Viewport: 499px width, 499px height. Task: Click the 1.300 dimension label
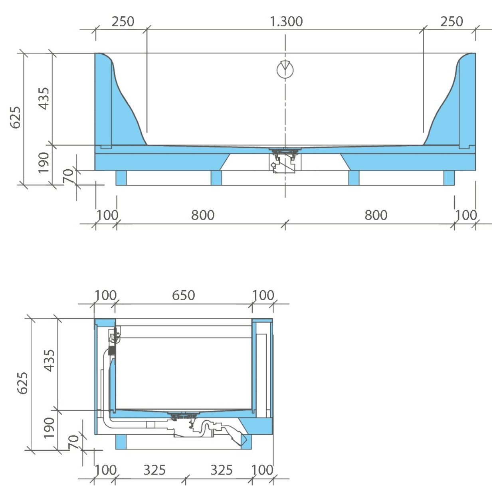point(286,22)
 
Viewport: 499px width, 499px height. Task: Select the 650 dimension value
point(183,295)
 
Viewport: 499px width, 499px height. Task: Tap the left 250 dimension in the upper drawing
point(123,22)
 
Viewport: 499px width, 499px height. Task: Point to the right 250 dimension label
point(451,22)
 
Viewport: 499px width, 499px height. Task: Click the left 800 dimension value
point(203,215)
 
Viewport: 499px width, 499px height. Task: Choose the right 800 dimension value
point(376,215)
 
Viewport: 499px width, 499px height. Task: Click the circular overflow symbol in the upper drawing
point(285,69)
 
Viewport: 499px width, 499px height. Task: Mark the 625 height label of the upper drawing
point(15,117)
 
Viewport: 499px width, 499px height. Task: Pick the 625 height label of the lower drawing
point(22,383)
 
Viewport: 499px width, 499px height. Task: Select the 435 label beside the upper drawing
point(44,99)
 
